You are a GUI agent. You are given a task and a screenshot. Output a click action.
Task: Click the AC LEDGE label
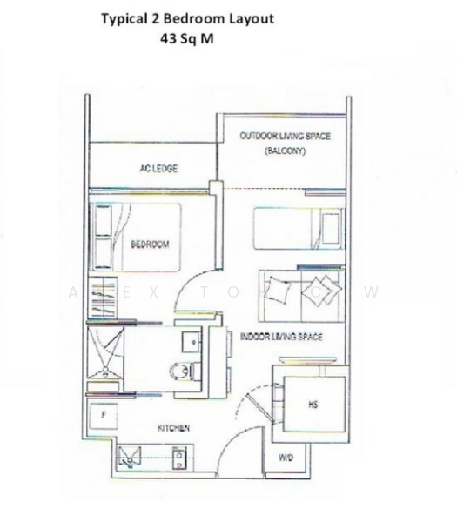[x=158, y=169]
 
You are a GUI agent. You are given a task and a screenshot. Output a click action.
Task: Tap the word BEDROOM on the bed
[x=150, y=244]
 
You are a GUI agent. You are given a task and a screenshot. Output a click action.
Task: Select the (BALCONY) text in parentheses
[x=286, y=151]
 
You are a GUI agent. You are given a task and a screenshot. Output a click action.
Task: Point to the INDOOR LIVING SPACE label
[x=280, y=337]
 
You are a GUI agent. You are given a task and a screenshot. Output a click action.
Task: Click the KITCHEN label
[x=173, y=429]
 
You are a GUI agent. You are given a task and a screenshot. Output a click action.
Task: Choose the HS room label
[x=313, y=405]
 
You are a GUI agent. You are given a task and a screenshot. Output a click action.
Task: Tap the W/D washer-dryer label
[x=286, y=458]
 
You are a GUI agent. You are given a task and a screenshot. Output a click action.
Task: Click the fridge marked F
[x=104, y=416]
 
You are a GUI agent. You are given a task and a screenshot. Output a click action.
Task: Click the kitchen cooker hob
[x=180, y=455]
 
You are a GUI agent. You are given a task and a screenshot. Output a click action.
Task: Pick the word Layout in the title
[x=252, y=18]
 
